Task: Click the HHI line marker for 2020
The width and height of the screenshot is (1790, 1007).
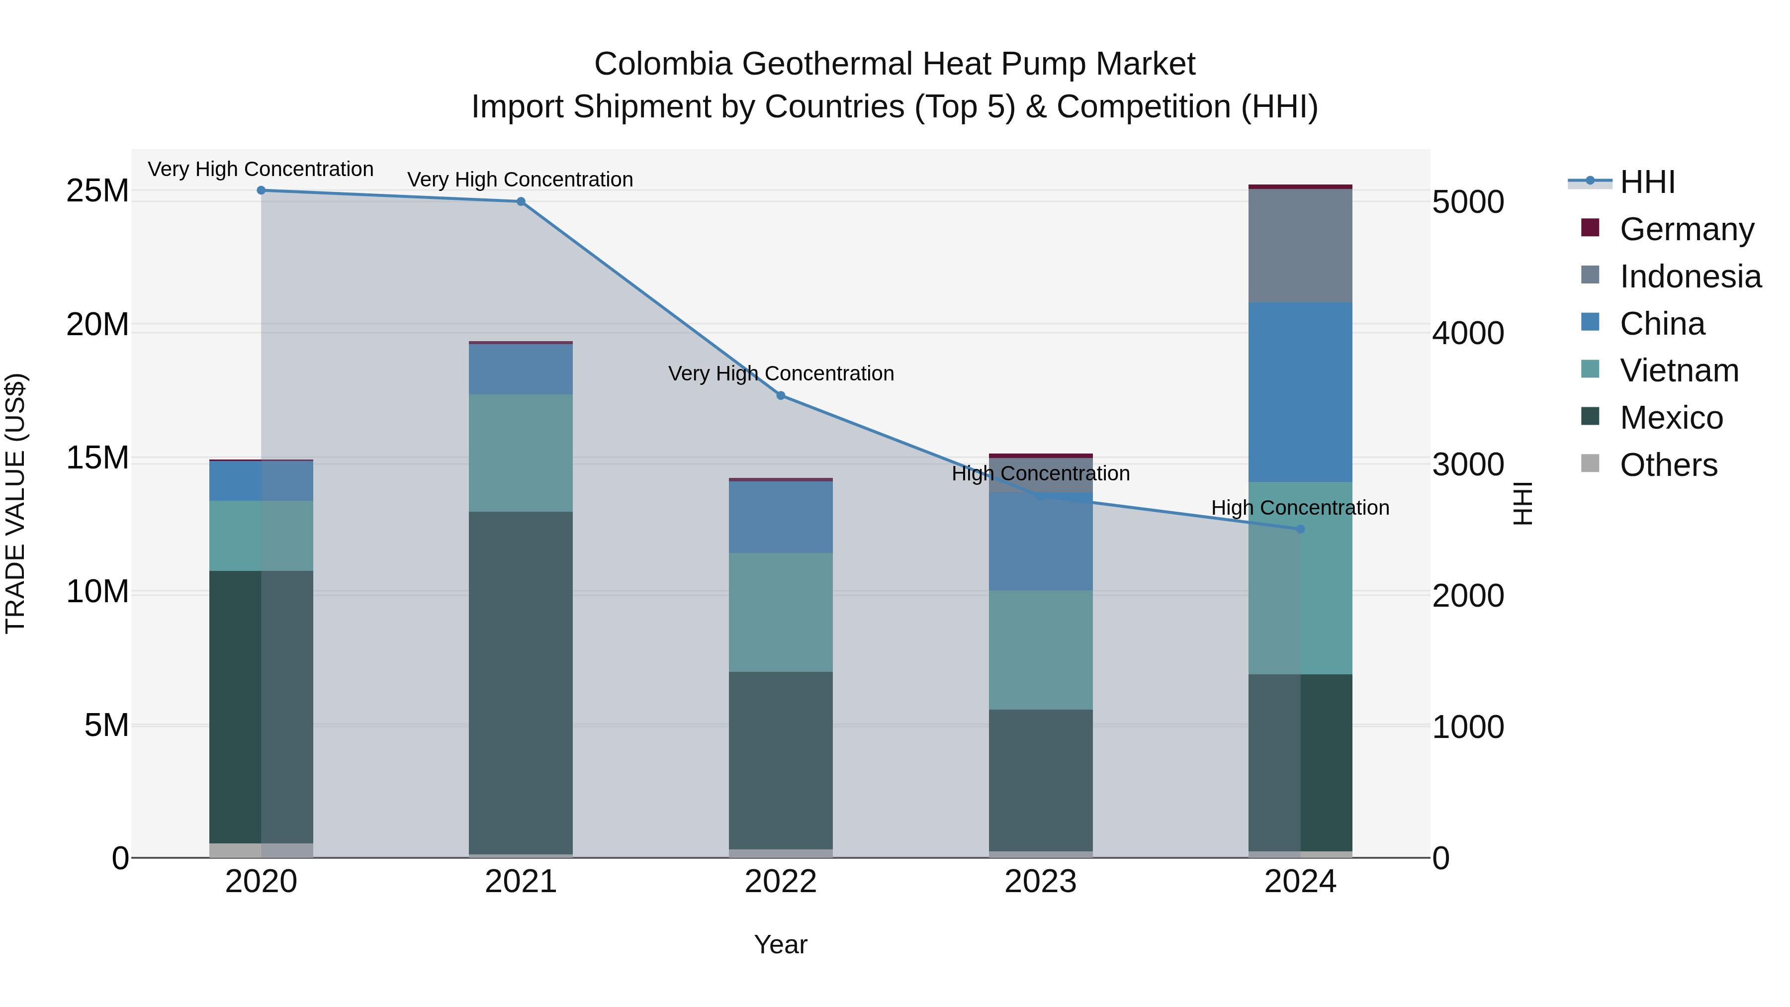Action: [x=261, y=190]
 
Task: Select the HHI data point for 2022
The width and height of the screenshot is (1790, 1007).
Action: [x=780, y=395]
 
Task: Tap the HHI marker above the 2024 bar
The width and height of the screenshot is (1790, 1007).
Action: [x=1300, y=529]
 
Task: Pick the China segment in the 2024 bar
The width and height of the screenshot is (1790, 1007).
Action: [x=1300, y=392]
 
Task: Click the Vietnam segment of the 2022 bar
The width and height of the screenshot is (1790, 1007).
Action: [x=780, y=612]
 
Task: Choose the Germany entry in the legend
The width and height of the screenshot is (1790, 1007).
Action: [x=1687, y=229]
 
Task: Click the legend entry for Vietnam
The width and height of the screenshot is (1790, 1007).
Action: [x=1679, y=370]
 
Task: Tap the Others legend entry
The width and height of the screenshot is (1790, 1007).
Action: [x=1668, y=465]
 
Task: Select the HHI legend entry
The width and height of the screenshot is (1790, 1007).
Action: [x=1647, y=182]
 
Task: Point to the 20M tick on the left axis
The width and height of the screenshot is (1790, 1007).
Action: [x=97, y=325]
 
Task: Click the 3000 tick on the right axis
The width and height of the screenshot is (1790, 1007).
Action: [x=1468, y=464]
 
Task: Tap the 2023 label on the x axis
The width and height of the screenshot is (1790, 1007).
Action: [x=1040, y=882]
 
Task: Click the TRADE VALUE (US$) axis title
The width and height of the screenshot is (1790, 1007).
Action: [x=15, y=503]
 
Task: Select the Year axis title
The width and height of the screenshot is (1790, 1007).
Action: [x=780, y=944]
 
